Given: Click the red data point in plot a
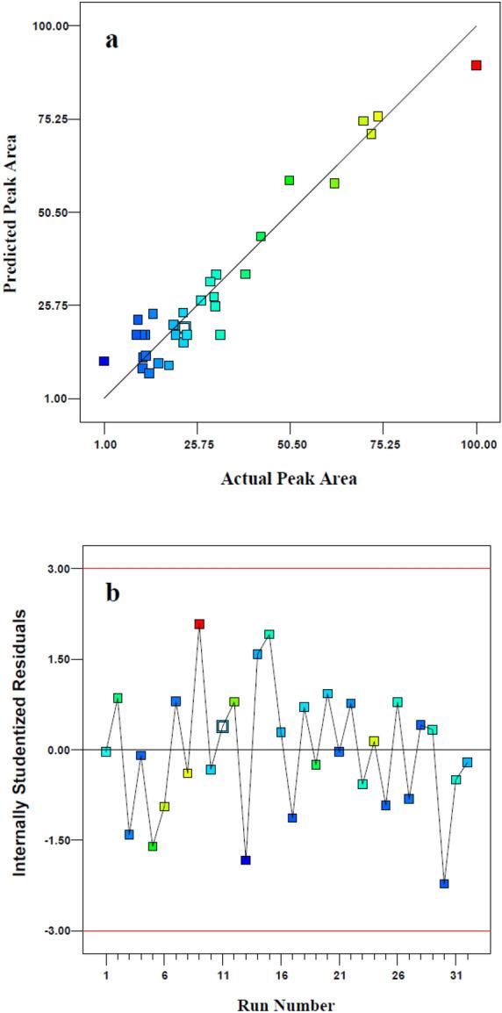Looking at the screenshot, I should (x=476, y=65).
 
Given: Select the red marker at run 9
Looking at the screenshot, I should (x=199, y=624).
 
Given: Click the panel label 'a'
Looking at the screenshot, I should (x=111, y=40).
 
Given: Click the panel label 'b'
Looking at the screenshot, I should (x=113, y=593).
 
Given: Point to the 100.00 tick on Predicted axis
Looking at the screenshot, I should (x=50, y=25).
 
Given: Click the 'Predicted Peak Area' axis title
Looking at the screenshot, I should (x=12, y=212).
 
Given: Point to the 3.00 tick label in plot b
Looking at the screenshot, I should (x=58, y=569).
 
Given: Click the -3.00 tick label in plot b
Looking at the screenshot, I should (x=56, y=930).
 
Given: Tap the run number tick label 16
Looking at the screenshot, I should (x=281, y=975).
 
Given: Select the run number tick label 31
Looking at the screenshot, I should (x=455, y=975).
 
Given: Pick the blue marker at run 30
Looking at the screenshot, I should (x=444, y=884).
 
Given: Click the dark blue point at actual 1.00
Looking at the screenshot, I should (x=104, y=361).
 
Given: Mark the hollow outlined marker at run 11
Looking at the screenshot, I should (x=223, y=726).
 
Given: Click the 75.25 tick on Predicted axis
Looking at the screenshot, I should (x=50, y=119).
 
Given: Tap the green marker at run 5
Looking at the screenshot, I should (x=153, y=846).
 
